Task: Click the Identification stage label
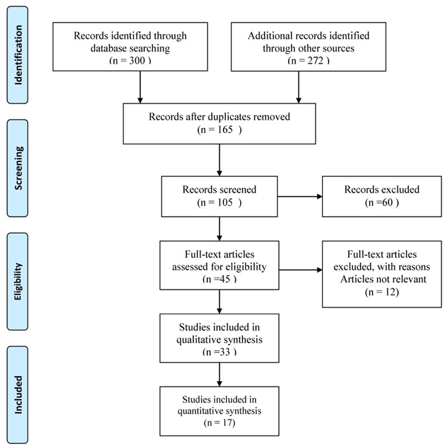(x=18, y=55)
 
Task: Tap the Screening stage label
(x=18, y=168)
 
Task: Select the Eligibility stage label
(x=18, y=281)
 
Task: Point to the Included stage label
(x=18, y=395)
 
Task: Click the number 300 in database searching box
(x=137, y=60)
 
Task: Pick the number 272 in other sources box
(x=315, y=60)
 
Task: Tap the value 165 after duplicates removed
(x=225, y=129)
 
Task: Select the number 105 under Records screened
(x=225, y=202)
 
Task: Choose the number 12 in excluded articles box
(x=389, y=292)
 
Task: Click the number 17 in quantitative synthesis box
(x=228, y=422)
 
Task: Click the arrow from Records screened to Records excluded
(x=300, y=197)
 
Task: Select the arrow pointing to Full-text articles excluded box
(x=301, y=270)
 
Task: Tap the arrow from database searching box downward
(x=140, y=87)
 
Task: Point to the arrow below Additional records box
(x=299, y=87)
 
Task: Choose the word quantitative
(x=201, y=411)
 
